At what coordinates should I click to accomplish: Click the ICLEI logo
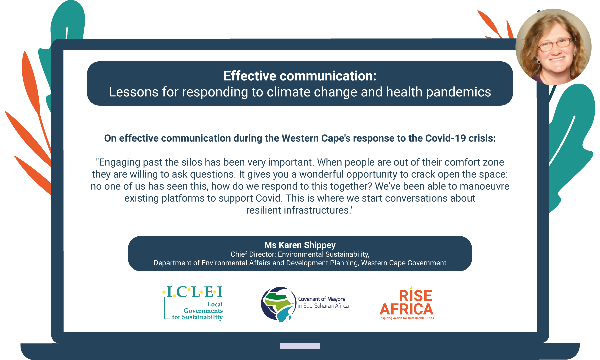click(193, 303)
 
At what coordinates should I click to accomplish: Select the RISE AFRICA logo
click(407, 303)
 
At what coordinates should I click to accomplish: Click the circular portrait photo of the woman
click(553, 47)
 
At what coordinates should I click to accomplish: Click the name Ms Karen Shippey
click(300, 245)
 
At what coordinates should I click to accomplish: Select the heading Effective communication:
click(300, 76)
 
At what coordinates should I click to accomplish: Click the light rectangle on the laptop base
click(300, 346)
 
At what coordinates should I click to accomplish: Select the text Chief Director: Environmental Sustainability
click(300, 254)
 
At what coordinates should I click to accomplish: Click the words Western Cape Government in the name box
click(404, 263)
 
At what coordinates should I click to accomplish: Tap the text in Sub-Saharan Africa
click(323, 306)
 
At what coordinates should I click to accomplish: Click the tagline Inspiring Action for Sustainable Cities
click(407, 318)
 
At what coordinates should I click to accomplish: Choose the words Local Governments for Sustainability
click(197, 311)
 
